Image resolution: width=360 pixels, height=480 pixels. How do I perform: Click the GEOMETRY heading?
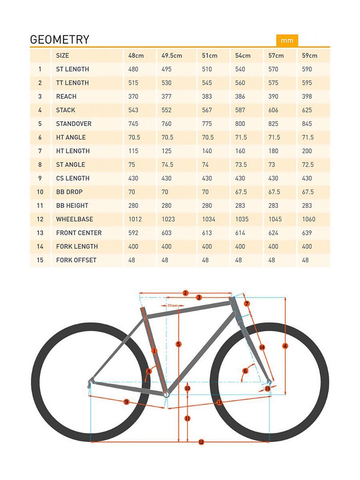coord(60,40)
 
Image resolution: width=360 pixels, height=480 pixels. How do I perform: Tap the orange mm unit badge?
coord(287,40)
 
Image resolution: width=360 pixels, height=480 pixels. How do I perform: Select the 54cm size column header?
coord(243,56)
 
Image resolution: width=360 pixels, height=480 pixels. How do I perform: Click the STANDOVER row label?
coord(74,124)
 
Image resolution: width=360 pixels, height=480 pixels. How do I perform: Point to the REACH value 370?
coord(133,96)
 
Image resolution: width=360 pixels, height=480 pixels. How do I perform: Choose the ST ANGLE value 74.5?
coord(167,164)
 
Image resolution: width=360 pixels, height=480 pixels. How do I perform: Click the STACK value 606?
coord(274,110)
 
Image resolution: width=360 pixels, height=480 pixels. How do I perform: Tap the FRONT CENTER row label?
coord(79,233)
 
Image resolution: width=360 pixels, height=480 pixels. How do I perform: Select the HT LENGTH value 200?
coord(307,151)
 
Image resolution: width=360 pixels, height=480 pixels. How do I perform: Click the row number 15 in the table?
coord(40,260)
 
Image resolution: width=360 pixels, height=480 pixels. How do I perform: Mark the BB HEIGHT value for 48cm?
coord(133,206)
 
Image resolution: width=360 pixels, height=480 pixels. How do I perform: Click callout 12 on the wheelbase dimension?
coord(201,442)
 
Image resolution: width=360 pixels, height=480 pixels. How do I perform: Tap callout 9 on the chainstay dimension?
coord(126,402)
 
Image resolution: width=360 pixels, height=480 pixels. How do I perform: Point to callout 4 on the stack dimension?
coord(285,346)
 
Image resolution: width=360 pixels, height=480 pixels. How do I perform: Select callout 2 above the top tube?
coord(185,293)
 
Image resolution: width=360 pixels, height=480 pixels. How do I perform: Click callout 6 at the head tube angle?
coord(246,371)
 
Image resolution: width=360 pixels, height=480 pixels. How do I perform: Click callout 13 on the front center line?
coord(219,402)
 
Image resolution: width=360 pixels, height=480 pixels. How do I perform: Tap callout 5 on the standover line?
coord(178,344)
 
